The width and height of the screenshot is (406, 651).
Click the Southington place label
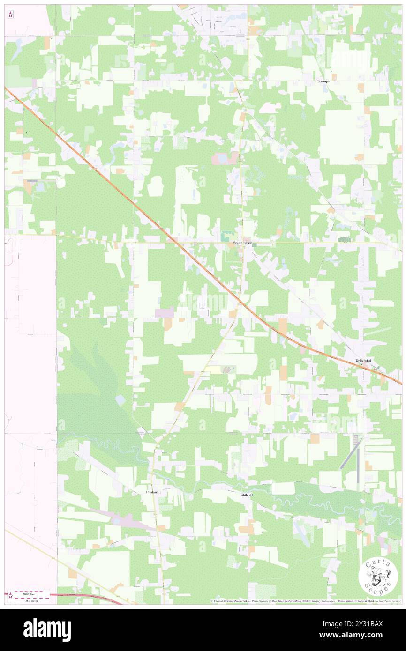click(x=243, y=244)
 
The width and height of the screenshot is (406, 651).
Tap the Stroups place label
click(x=323, y=81)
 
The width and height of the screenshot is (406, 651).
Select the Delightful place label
click(x=363, y=360)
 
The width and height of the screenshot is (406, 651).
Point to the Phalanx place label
click(x=152, y=492)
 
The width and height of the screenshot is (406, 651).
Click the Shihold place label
click(x=247, y=495)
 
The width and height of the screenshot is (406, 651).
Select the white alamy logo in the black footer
click(x=47, y=630)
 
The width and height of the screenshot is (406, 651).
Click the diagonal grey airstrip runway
click(x=349, y=453)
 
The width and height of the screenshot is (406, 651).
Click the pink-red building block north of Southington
click(x=219, y=159)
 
